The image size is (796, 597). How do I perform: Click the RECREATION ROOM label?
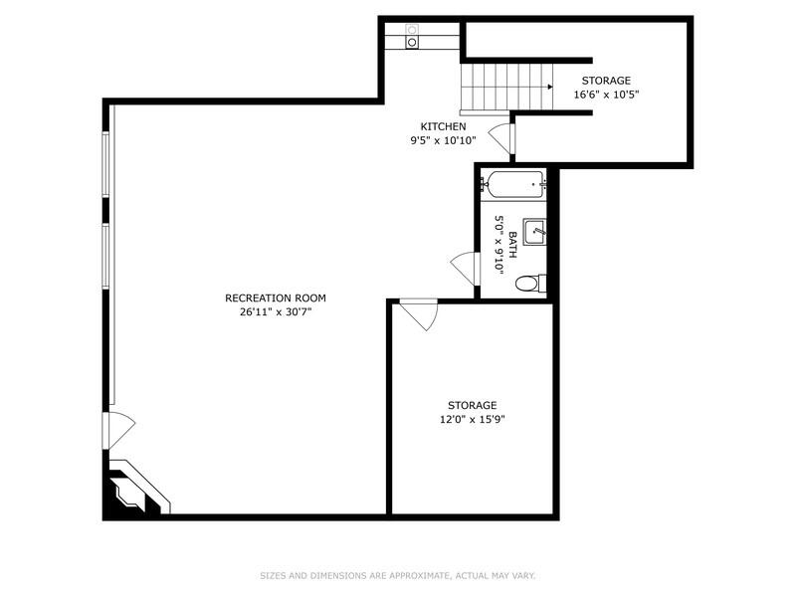[275, 298]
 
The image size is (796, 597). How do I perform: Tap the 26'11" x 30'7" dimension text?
[275, 311]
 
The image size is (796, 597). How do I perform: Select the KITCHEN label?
[443, 126]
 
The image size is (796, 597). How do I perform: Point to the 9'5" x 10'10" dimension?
[443, 140]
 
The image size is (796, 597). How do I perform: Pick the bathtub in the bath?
[513, 183]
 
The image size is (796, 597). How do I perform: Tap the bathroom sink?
[535, 231]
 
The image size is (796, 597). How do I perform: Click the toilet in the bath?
[528, 285]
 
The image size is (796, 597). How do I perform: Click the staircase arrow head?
[549, 87]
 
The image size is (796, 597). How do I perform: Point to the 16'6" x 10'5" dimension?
[606, 95]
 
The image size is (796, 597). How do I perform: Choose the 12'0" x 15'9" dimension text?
[472, 419]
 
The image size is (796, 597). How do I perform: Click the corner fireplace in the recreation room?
[131, 492]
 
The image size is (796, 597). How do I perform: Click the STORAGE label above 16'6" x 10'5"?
[606, 81]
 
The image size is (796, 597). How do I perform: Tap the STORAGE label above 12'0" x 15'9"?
[472, 405]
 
